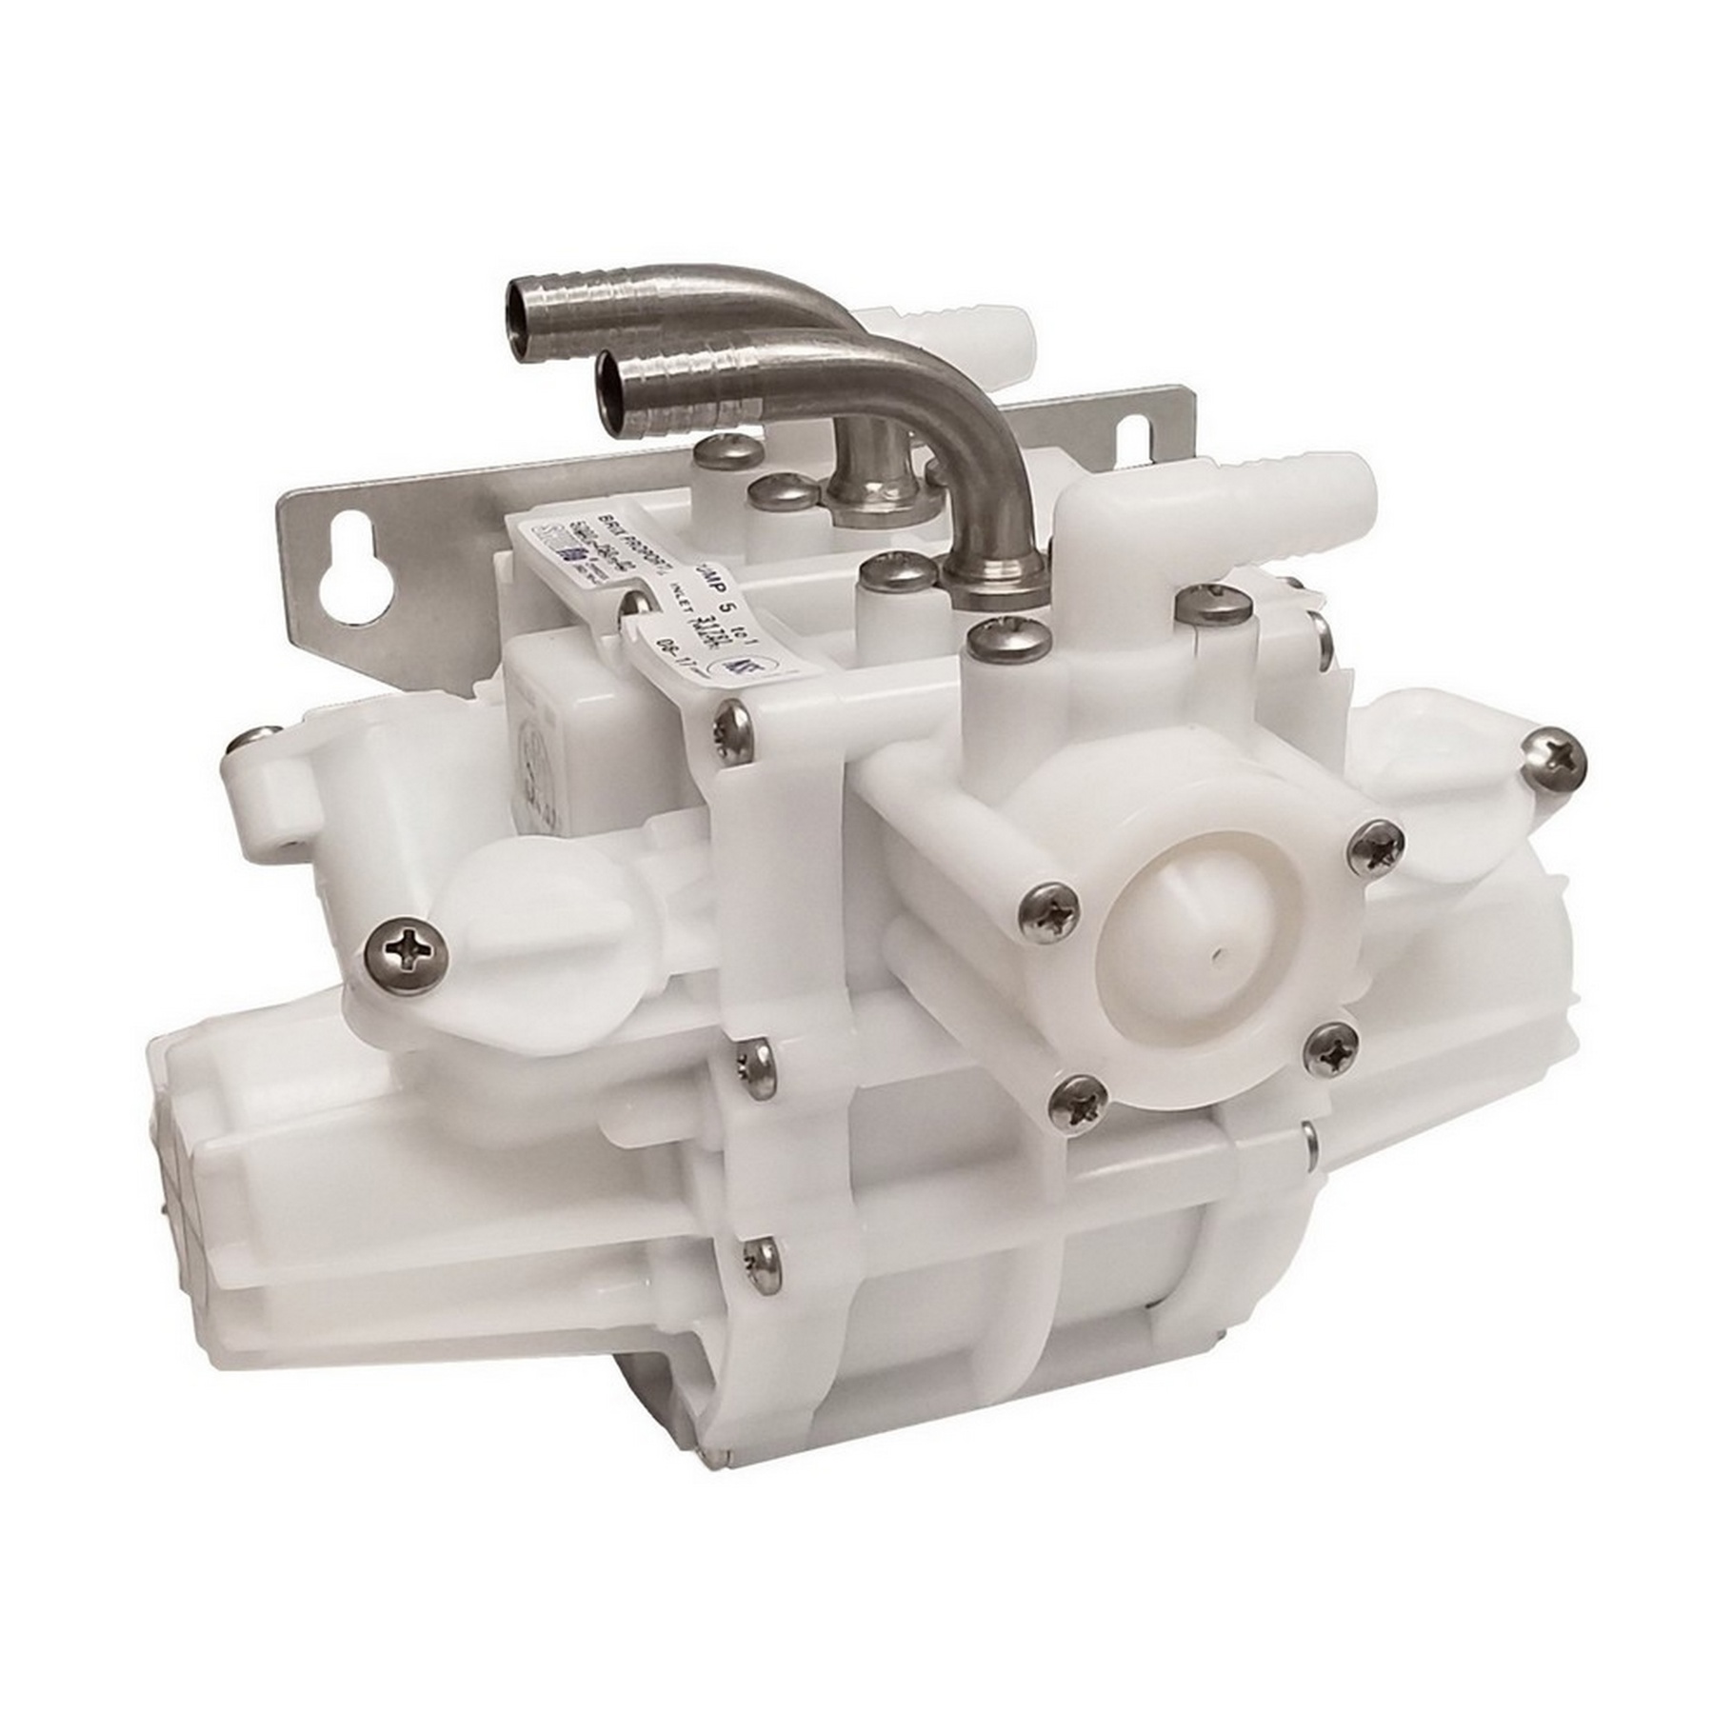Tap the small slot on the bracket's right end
point(1134,439)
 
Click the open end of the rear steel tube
point(513,314)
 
